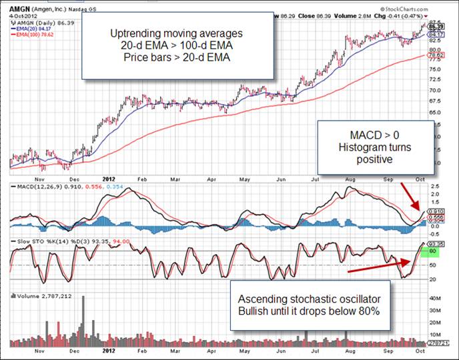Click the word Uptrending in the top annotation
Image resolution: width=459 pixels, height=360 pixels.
click(131, 33)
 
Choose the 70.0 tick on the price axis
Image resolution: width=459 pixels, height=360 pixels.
click(435, 90)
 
